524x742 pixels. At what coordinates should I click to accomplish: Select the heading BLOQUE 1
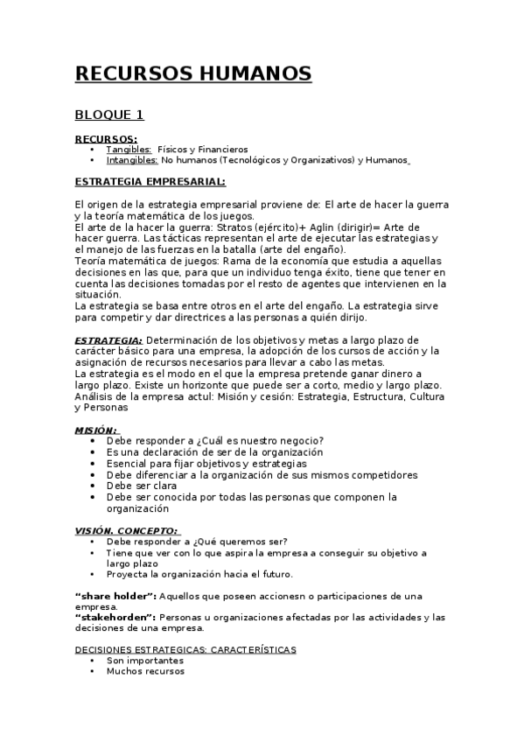click(x=109, y=114)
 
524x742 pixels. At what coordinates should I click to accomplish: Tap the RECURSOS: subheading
click(x=106, y=139)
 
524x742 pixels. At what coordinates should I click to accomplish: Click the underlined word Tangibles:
click(x=129, y=150)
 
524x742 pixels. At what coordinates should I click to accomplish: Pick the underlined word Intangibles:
click(x=132, y=160)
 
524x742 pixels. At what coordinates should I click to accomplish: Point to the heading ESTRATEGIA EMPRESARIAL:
click(x=150, y=182)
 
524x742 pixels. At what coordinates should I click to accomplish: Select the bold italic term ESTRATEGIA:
click(x=108, y=340)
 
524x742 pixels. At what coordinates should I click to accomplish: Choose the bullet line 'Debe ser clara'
click(x=142, y=486)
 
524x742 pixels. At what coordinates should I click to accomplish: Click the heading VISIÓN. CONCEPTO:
click(x=127, y=530)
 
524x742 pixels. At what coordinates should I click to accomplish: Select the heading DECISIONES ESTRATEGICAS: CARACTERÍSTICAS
click(x=185, y=650)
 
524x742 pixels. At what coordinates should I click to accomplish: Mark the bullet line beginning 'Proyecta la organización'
click(x=199, y=574)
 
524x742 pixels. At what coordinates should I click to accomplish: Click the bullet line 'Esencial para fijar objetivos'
click(x=206, y=463)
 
